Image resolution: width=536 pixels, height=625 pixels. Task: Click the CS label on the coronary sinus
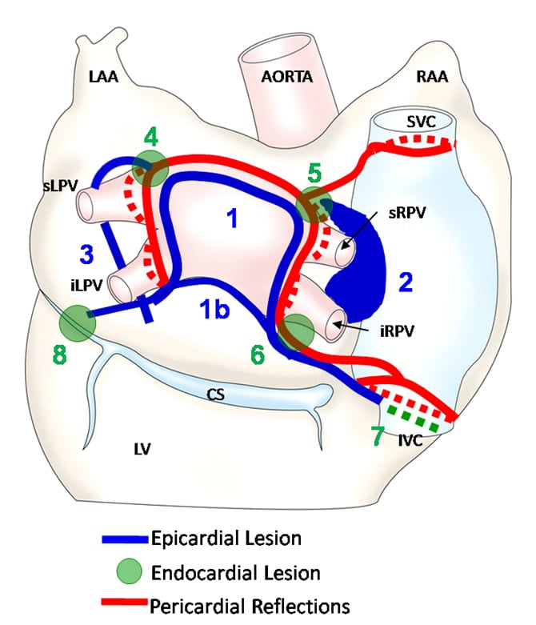(x=214, y=393)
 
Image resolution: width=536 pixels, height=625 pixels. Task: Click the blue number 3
(x=86, y=254)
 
